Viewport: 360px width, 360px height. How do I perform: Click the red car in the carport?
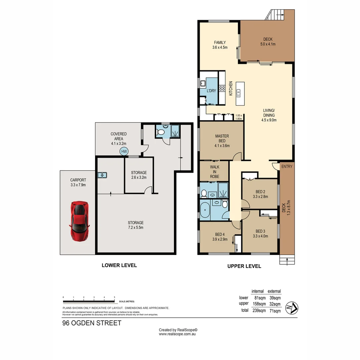79,221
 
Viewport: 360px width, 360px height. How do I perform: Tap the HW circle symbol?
124,151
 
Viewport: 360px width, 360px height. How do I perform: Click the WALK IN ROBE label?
214,171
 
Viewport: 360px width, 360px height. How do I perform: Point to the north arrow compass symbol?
292,307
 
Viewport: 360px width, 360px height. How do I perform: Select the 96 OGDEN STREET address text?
92,323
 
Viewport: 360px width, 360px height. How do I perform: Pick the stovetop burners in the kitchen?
222,89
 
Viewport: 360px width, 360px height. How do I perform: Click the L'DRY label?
211,91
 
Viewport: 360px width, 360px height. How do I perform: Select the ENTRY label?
287,166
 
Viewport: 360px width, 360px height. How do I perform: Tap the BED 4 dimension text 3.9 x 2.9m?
220,239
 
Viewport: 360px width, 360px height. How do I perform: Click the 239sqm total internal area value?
259,311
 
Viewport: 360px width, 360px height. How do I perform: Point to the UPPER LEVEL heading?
244,266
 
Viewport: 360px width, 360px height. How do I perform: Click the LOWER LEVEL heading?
119,265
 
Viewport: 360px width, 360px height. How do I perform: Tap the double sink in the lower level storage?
102,175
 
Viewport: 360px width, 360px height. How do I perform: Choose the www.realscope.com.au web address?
177,334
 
